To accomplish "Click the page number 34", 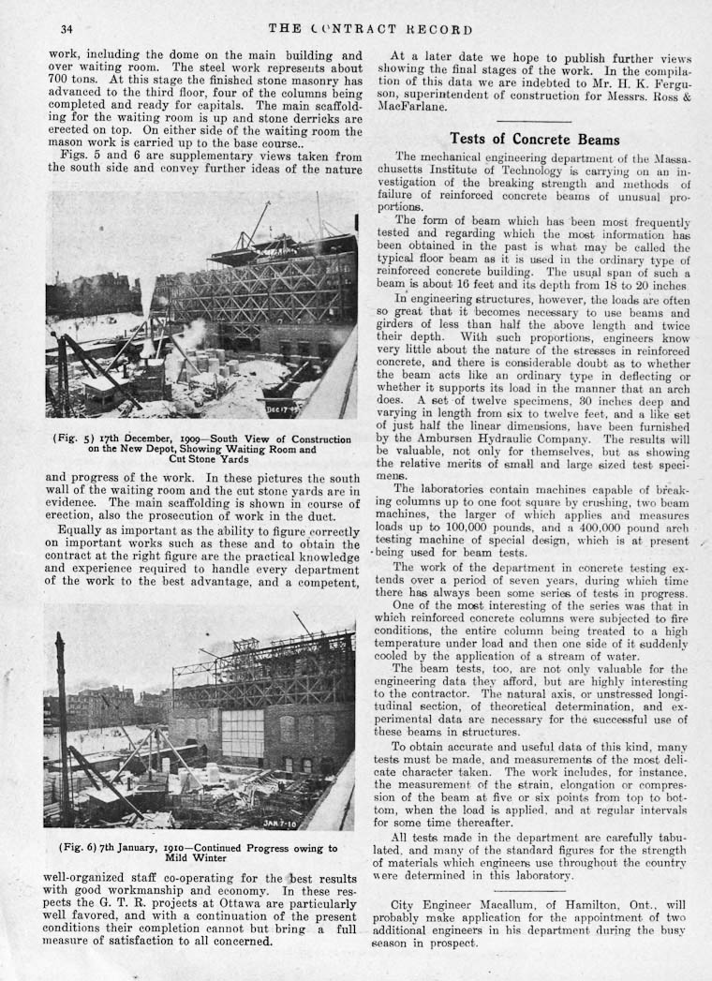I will coord(67,28).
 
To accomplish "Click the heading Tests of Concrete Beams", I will coord(534,140).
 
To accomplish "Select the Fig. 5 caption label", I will coord(74,437).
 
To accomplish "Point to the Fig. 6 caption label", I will coord(78,848).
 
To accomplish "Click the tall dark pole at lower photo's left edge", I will coord(62,721).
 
